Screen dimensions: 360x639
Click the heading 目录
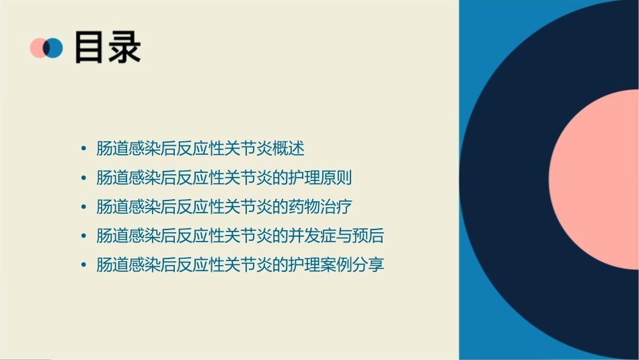coord(107,47)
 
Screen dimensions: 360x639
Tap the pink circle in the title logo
coord(38,48)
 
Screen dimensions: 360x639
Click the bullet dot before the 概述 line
coord(83,149)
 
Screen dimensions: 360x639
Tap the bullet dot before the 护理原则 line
coord(83,178)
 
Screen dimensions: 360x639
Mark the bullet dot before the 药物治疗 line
coord(83,207)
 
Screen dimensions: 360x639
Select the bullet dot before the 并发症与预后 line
coord(83,236)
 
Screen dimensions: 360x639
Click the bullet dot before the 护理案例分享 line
coord(83,265)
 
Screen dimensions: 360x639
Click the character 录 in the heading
coord(124,47)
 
